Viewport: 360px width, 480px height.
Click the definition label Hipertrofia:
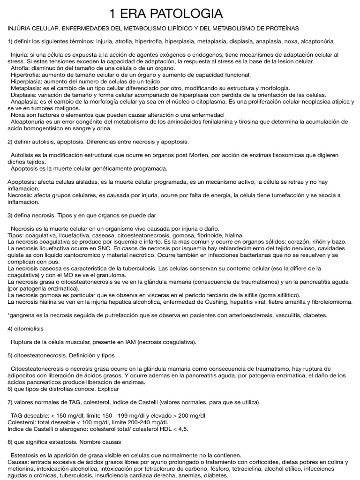point(27,75)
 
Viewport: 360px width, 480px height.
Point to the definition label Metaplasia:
point(26,88)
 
